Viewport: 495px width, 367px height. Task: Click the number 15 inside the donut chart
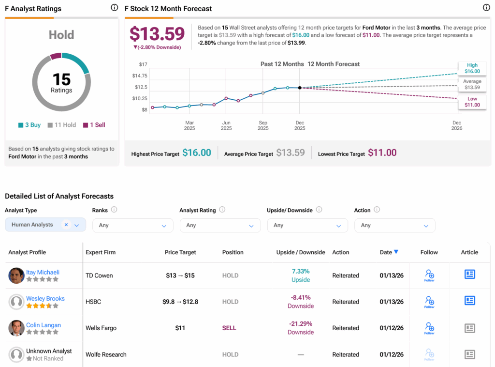click(x=61, y=79)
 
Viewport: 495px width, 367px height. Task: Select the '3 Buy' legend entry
click(x=29, y=125)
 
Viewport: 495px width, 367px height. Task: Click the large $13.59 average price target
click(x=157, y=34)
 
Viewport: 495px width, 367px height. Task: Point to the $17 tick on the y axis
click(x=143, y=64)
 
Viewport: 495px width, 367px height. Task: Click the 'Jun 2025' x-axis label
click(x=226, y=125)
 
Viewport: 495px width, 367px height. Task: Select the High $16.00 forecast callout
click(x=472, y=68)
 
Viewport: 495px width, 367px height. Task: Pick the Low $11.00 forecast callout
click(x=472, y=102)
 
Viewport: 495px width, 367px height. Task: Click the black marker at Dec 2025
click(x=300, y=88)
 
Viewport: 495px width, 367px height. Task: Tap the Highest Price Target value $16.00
click(x=196, y=153)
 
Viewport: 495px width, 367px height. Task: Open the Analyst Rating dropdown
click(x=220, y=225)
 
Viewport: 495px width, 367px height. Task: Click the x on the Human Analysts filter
click(x=66, y=225)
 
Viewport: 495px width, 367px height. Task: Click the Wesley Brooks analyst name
click(x=45, y=299)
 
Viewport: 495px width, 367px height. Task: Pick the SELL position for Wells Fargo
click(x=229, y=328)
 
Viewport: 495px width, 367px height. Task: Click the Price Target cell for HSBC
click(x=180, y=302)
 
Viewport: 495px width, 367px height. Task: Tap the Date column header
click(x=386, y=252)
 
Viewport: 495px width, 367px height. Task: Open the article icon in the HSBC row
click(x=469, y=301)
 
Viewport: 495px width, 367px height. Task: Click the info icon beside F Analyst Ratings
click(x=114, y=8)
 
